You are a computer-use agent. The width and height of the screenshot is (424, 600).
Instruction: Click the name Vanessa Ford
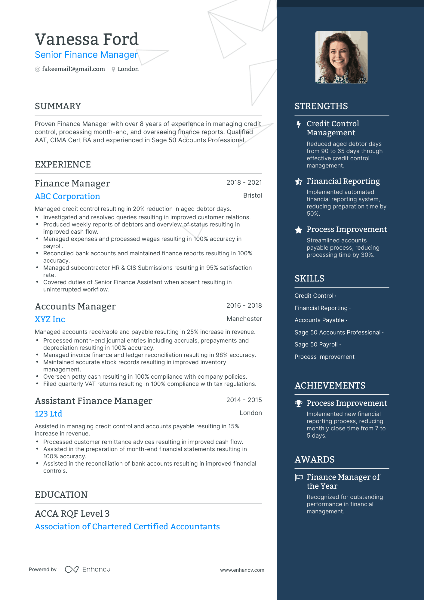[x=87, y=39]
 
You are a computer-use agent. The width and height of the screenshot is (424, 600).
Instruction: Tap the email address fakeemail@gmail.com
[x=73, y=69]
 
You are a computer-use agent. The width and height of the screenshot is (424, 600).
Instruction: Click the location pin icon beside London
[x=113, y=69]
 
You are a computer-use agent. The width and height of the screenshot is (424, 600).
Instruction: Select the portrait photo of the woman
[x=341, y=57]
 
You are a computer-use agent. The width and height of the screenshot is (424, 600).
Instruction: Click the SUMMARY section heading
[x=58, y=106]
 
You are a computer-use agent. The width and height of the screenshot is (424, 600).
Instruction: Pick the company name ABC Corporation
[x=67, y=196]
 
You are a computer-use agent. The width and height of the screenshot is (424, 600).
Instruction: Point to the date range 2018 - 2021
[x=244, y=183]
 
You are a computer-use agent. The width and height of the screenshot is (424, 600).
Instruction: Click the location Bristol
[x=252, y=195]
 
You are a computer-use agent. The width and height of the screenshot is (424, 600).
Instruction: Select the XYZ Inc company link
[x=50, y=319]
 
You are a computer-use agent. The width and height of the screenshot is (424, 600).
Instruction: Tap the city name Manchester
[x=244, y=319]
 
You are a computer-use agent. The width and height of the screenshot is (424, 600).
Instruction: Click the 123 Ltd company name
[x=48, y=414]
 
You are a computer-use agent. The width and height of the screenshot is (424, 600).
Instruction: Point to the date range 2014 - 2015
[x=244, y=400]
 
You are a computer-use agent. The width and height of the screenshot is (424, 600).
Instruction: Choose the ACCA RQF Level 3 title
[x=72, y=514]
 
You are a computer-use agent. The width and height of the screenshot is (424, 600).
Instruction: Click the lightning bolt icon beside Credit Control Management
[x=298, y=125]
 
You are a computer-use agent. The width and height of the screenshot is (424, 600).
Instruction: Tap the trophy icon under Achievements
[x=299, y=404]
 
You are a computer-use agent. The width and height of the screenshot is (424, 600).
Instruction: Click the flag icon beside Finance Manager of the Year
[x=299, y=477]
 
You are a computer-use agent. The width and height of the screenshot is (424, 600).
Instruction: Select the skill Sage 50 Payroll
[x=316, y=345]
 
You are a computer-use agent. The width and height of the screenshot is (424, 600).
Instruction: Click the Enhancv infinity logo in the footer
[x=72, y=569]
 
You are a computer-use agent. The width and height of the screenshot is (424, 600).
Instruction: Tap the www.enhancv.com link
[x=242, y=570]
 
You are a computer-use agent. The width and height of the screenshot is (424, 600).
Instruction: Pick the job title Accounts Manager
[x=75, y=306]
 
